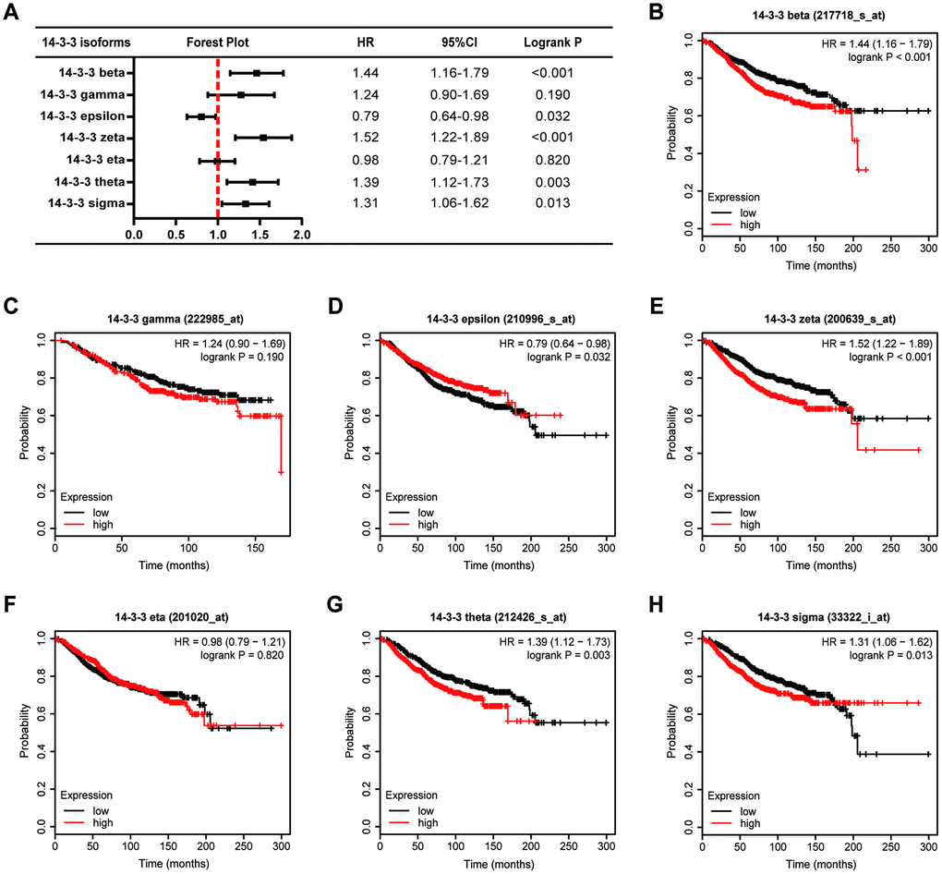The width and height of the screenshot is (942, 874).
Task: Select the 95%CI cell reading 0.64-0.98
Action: point(459,115)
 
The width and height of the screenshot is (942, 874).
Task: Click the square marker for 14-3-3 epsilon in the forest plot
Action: point(201,116)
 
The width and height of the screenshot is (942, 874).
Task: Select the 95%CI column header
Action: point(459,42)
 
